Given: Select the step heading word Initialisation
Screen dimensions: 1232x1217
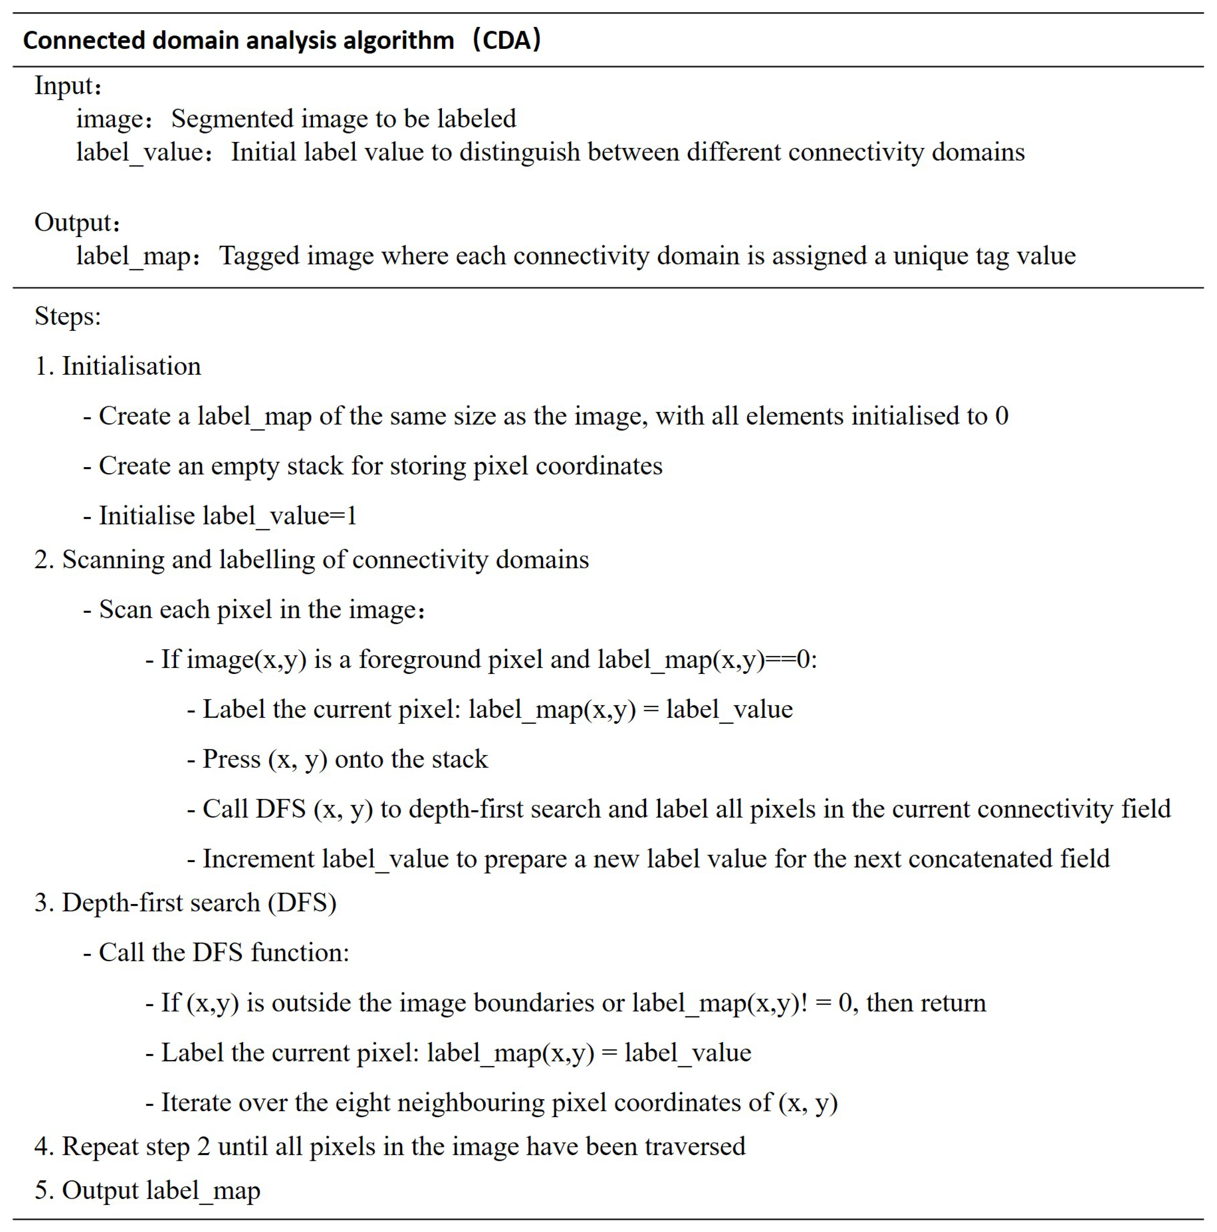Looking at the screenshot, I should (x=131, y=367).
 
